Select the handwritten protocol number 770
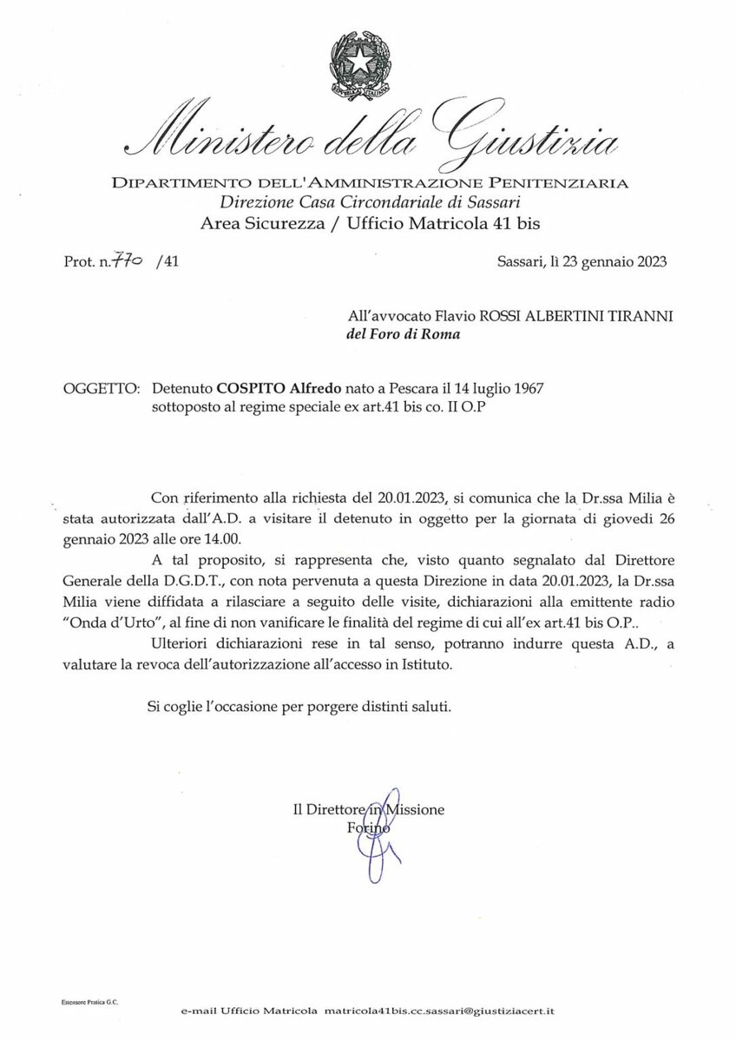tap(130, 258)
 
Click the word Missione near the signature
tap(414, 809)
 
